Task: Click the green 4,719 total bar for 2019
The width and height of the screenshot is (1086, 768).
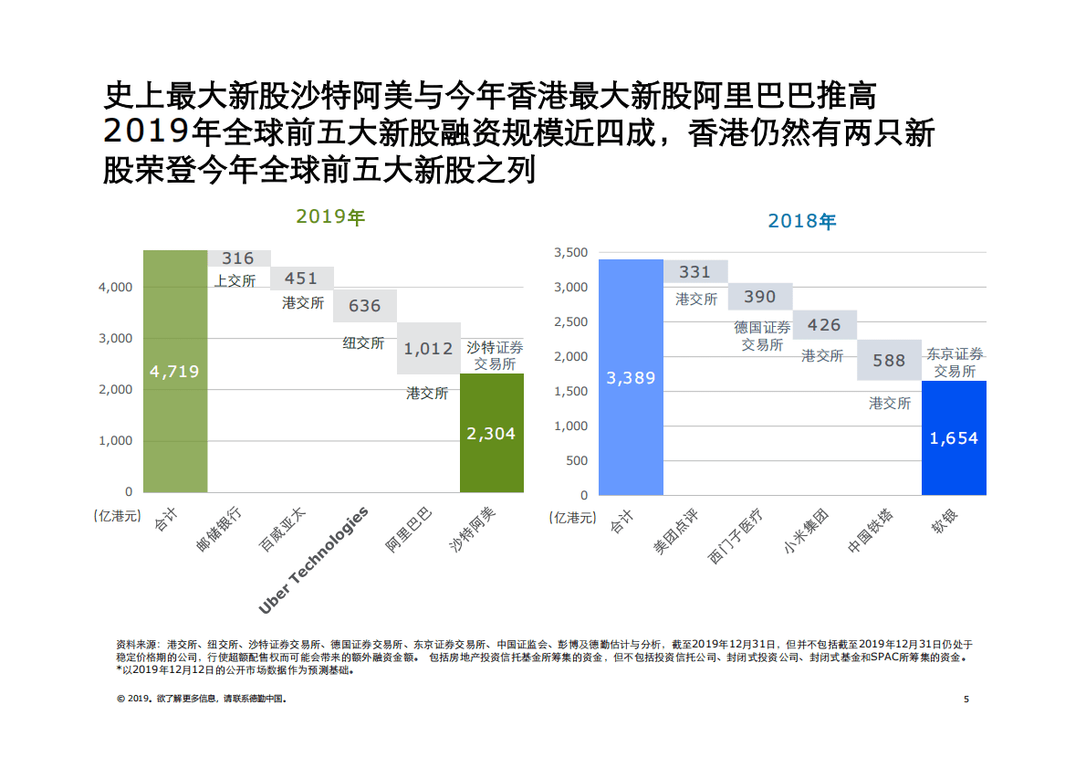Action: point(175,371)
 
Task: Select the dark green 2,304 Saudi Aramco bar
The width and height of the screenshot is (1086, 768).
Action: point(492,433)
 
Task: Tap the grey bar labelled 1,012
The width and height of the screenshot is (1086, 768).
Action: point(428,348)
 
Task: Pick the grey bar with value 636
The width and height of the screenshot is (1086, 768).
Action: point(365,306)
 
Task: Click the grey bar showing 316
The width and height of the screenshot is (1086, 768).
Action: point(239,258)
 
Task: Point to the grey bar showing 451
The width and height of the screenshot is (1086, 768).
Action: point(302,279)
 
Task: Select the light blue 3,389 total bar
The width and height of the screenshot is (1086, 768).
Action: point(631,377)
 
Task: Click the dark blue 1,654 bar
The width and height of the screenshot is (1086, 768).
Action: point(954,437)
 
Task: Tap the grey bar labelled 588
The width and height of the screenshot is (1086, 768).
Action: point(889,361)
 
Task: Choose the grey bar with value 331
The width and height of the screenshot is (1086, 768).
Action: point(695,271)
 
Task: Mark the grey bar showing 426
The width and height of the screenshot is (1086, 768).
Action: point(824,324)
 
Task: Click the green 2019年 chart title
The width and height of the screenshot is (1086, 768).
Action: point(329,216)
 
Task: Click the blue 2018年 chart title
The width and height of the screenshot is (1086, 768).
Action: point(801,221)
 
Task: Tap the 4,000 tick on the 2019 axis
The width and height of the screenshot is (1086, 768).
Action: point(115,287)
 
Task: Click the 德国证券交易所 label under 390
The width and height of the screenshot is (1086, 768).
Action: point(762,336)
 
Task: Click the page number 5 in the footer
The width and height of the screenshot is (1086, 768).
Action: point(966,700)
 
